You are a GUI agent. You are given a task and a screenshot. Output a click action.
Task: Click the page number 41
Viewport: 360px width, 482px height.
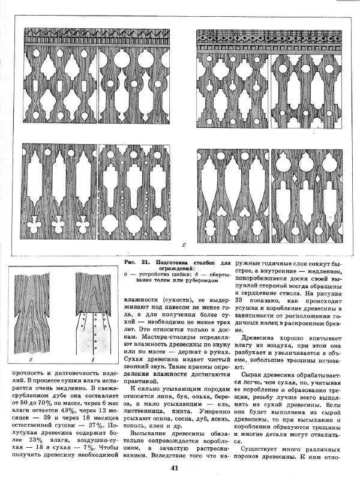pos(175,469)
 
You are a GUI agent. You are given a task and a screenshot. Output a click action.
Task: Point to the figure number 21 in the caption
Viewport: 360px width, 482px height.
pos(144,262)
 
